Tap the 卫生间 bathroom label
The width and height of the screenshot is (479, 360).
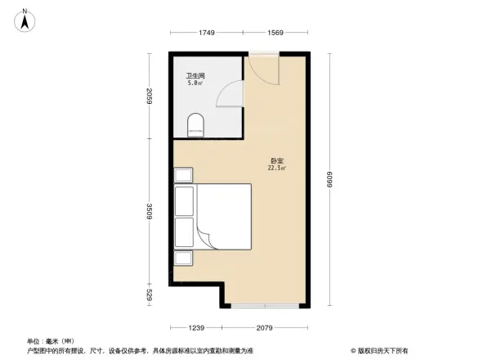195,75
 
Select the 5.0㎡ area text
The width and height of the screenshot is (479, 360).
195,83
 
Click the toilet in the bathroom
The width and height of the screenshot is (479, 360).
195,124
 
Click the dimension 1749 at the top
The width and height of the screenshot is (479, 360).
206,33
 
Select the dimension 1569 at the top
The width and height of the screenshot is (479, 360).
274,33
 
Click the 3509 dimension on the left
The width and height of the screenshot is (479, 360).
150,213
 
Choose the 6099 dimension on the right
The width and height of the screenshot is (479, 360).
332,180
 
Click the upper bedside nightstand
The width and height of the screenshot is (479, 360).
182,175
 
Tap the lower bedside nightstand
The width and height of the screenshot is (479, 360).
182,258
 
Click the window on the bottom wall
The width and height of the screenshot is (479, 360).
253,306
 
